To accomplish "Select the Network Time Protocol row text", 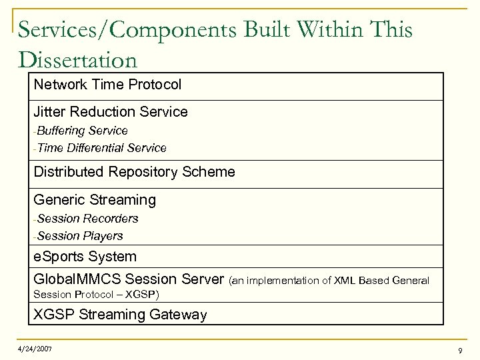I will click(x=107, y=85).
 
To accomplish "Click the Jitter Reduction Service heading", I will click(x=111, y=112).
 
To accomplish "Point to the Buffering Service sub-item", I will click(x=82, y=131).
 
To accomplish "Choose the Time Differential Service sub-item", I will click(x=101, y=148).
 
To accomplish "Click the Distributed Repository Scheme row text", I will click(x=134, y=172).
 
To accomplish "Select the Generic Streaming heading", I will click(x=95, y=200).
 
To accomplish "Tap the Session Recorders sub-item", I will click(x=87, y=219).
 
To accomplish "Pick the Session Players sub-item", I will click(x=80, y=236).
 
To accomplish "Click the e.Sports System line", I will click(x=85, y=257).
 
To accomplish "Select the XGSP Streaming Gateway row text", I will click(x=120, y=315).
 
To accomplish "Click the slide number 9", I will click(x=460, y=350).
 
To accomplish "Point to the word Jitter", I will click(x=49, y=112).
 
